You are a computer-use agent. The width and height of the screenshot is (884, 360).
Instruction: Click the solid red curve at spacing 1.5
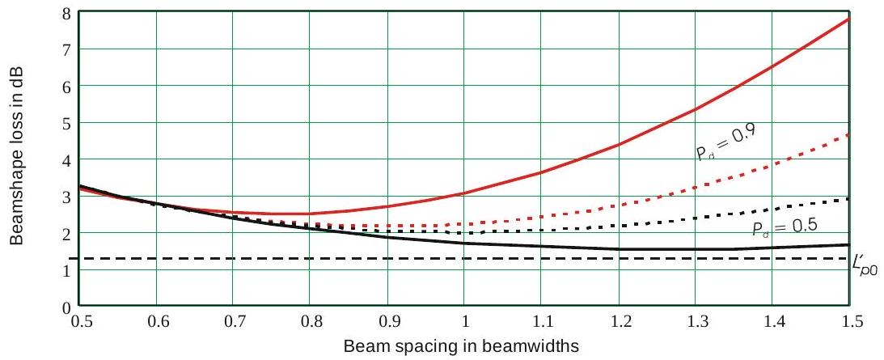point(848,18)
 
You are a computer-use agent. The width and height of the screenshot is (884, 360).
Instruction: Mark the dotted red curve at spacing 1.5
point(848,134)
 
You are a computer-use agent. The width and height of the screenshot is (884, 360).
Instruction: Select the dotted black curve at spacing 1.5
point(848,198)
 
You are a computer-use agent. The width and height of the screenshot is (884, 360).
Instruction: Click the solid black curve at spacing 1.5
point(848,244)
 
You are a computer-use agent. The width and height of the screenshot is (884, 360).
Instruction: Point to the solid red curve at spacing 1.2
point(618,144)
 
